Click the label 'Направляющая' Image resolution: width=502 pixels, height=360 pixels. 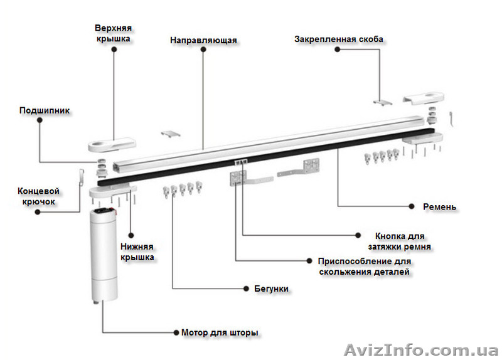pos(203,41)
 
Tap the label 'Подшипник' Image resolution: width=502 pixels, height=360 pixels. pos(45,111)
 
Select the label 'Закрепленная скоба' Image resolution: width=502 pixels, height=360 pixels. pos(339,40)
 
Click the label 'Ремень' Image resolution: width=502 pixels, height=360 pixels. pos(440,206)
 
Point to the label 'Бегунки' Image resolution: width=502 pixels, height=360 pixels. pos(272,289)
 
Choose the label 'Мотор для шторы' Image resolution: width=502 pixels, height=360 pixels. pos(219,332)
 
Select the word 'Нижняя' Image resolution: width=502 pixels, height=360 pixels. pos(137,246)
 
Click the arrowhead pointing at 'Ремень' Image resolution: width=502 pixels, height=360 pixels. pos(412,206)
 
